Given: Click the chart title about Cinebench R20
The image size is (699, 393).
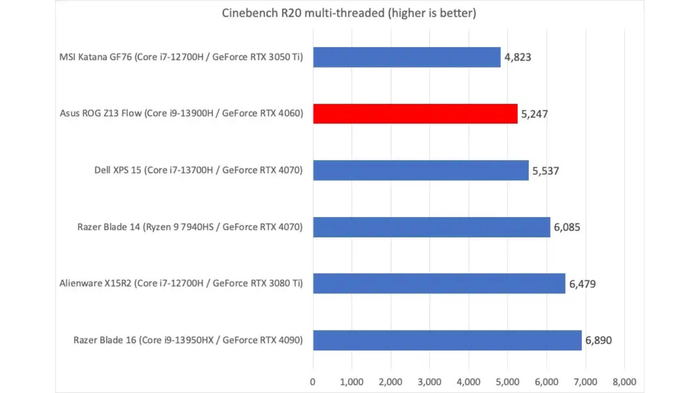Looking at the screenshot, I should point(349,13).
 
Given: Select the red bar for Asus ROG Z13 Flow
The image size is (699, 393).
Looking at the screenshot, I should point(415,114).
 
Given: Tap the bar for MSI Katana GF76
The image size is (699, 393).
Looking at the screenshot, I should point(407,57).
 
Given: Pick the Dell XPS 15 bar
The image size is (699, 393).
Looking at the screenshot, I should point(420,170).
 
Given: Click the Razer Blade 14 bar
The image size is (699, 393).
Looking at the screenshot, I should point(431,227).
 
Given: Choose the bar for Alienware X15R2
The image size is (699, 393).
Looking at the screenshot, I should point(439,283).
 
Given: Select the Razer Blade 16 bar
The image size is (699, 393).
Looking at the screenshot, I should point(447,340).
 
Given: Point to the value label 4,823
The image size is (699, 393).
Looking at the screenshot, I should point(517,57).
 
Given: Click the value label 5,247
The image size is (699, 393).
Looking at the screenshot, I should point(534,114).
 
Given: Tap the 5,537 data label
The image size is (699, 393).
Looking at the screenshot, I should point(545,171).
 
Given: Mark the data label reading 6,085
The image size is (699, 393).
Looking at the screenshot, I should point(567,227).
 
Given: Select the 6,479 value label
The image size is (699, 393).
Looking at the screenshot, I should point(582,284).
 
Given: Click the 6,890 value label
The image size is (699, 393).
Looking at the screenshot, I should point(598,340).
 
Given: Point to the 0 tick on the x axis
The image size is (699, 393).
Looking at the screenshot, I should point(313,382).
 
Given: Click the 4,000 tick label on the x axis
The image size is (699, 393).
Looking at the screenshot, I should point(469,382).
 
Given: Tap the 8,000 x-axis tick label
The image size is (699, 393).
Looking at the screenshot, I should point(624,382).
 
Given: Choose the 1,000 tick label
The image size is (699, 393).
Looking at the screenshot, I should point(352,382).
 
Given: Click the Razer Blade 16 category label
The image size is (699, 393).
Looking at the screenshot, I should point(188,340).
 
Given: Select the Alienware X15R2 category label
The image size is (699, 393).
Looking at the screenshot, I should point(181,283).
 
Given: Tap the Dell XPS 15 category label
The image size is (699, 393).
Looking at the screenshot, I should point(198,170).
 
